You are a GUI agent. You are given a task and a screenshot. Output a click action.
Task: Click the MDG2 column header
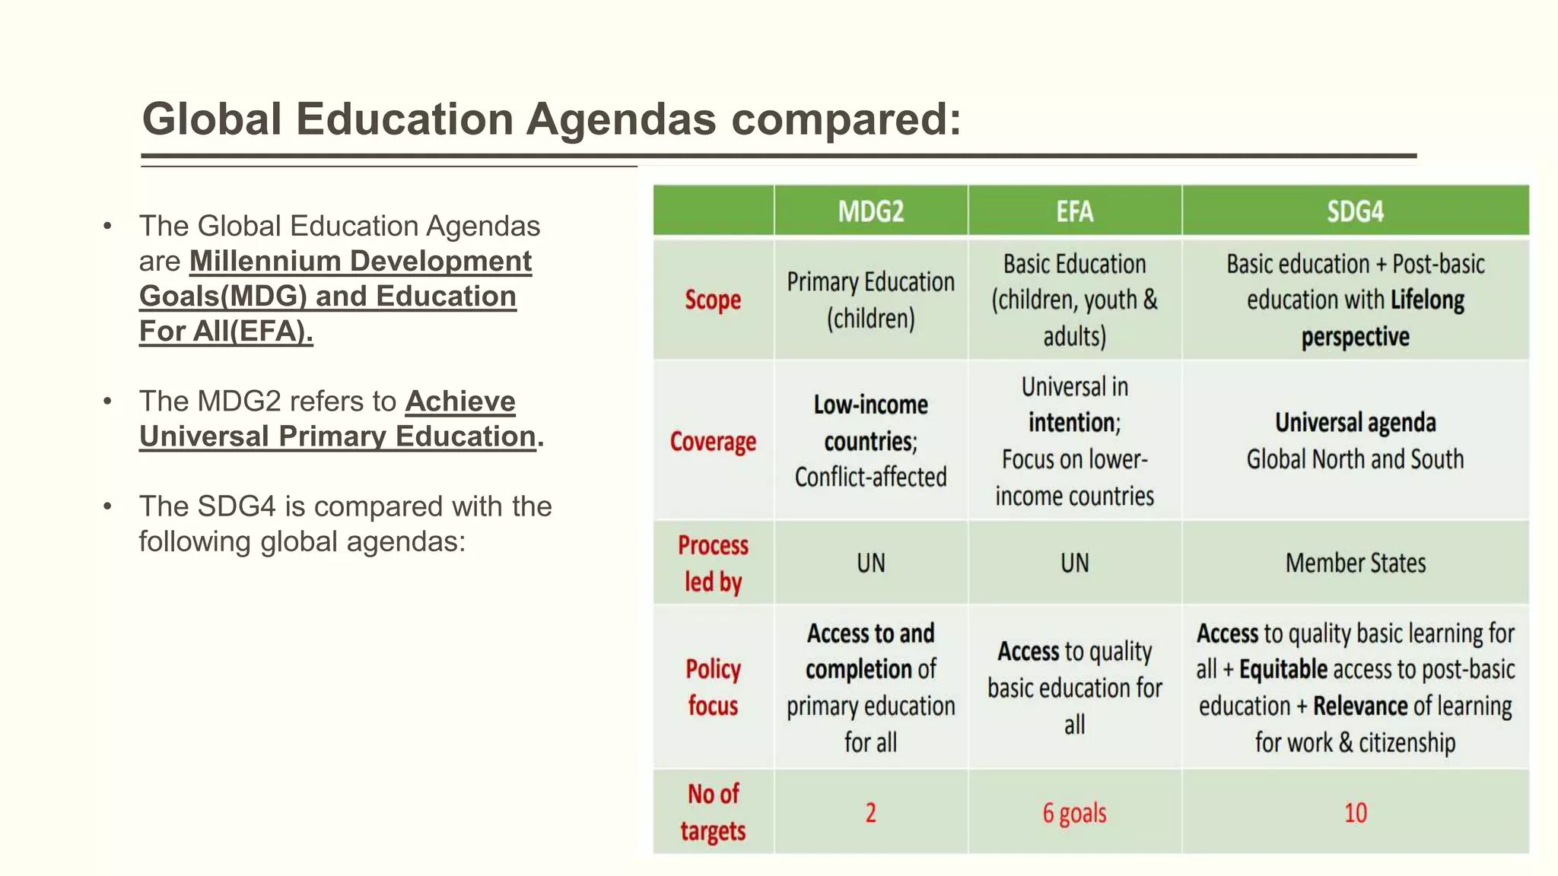(871, 211)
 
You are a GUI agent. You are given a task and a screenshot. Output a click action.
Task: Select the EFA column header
(1074, 211)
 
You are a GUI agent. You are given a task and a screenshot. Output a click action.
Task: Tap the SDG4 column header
(1355, 211)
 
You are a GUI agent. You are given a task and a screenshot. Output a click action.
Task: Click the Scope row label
(713, 300)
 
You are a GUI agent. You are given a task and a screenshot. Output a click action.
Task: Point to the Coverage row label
(713, 441)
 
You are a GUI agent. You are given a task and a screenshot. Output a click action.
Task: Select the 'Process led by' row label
(713, 563)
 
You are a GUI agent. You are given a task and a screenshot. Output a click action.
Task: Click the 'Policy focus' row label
(713, 687)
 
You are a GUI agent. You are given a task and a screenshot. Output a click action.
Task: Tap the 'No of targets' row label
(713, 812)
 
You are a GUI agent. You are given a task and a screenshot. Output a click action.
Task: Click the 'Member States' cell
(1355, 563)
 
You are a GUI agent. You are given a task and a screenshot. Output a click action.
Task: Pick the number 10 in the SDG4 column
(1355, 813)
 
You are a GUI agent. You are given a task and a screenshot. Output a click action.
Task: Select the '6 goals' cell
(1074, 813)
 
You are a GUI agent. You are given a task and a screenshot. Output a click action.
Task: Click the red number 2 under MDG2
(871, 813)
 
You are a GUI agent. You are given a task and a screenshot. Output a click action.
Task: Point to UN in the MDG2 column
(871, 563)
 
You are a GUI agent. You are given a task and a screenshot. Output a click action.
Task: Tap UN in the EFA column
(1074, 563)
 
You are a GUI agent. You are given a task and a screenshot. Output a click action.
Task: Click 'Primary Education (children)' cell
(871, 300)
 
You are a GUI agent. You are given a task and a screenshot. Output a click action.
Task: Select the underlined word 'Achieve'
(460, 401)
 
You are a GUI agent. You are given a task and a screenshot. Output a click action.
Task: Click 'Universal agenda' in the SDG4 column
(1355, 422)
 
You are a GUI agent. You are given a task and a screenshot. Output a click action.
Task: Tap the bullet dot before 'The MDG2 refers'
(108, 401)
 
